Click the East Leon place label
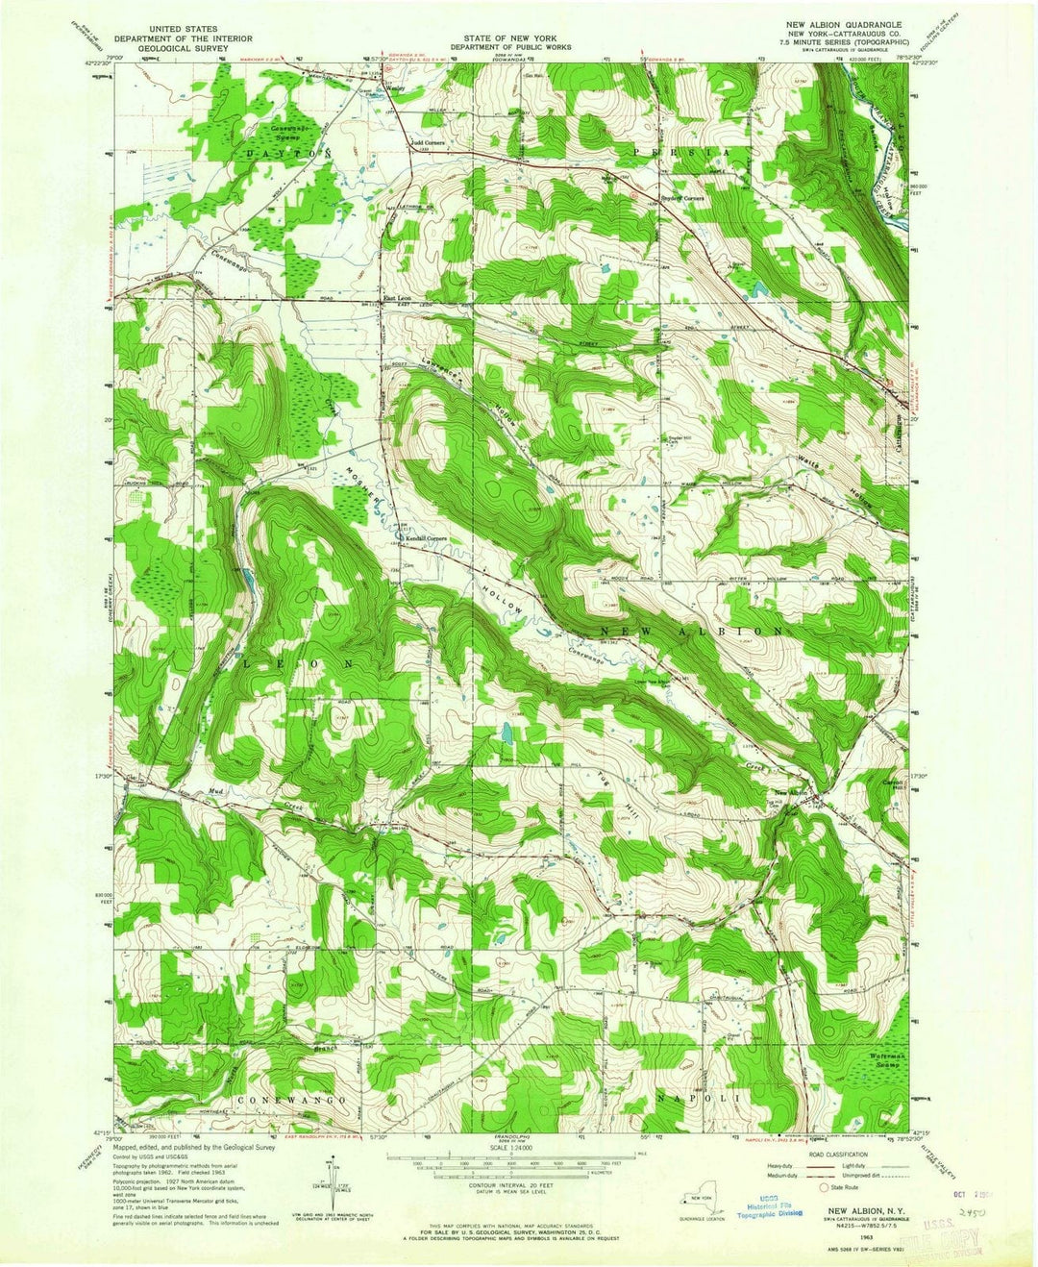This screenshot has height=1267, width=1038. [x=397, y=297]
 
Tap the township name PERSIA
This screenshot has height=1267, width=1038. [x=688, y=153]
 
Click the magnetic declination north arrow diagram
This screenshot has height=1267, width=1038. [x=325, y=1192]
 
